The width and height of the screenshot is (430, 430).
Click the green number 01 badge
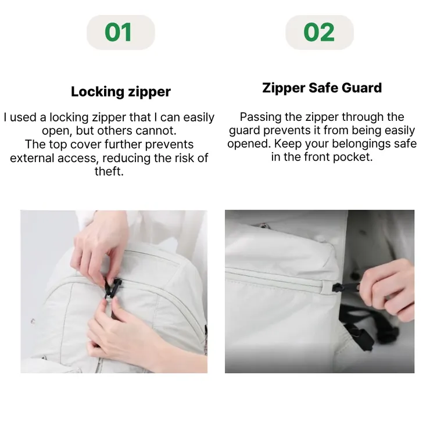coord(121,33)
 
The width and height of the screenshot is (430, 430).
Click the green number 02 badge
coord(320,33)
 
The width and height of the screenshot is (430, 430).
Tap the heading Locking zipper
coord(121,92)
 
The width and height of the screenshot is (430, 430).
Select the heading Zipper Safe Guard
coord(322,88)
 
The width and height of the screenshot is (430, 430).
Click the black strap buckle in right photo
coord(360,336)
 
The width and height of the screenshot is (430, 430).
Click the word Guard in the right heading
coord(361,88)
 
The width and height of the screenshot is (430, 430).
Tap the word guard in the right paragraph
coord(244,131)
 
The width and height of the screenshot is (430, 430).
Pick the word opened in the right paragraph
coord(249,144)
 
